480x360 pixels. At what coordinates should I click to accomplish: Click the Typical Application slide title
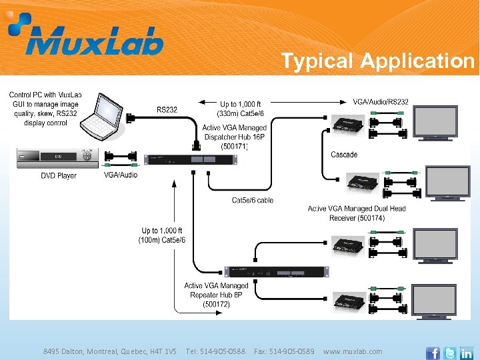(x=377, y=61)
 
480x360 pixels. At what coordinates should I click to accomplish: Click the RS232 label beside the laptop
(x=167, y=109)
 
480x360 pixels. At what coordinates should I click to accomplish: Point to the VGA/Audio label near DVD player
(x=121, y=175)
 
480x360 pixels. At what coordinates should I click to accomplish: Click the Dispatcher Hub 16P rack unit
(x=189, y=159)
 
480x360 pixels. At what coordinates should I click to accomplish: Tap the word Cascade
(x=344, y=155)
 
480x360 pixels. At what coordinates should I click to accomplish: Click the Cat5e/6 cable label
(x=253, y=200)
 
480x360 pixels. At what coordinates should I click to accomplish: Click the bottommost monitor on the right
(x=434, y=301)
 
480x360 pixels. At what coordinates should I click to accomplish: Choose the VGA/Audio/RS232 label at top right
(x=381, y=102)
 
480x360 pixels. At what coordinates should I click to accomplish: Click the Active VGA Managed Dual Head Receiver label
(x=357, y=213)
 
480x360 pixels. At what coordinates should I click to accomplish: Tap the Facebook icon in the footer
(x=433, y=352)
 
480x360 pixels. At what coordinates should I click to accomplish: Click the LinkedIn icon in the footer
(x=466, y=352)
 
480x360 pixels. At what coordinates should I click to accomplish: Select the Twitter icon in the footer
(x=449, y=352)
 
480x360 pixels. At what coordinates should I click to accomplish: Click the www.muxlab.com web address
(x=353, y=351)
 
